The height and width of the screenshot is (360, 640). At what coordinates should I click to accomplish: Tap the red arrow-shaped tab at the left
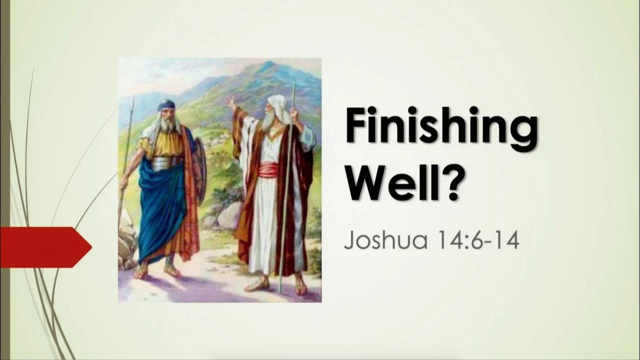point(45,246)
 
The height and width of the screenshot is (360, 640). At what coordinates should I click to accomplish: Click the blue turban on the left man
point(166,106)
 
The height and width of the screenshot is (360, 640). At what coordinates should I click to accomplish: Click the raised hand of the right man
point(230,102)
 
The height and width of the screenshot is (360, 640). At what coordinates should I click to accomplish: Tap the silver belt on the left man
point(166,162)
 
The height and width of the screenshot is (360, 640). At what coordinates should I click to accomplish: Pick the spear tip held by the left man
point(132,102)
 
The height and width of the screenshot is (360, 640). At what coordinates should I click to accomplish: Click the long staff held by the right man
point(287,190)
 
